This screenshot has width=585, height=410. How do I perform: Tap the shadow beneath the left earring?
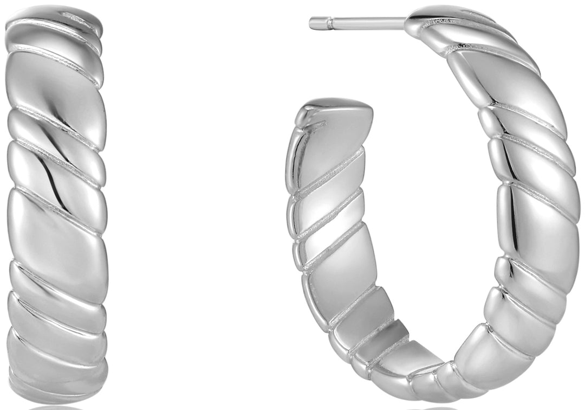[x=57, y=407]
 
